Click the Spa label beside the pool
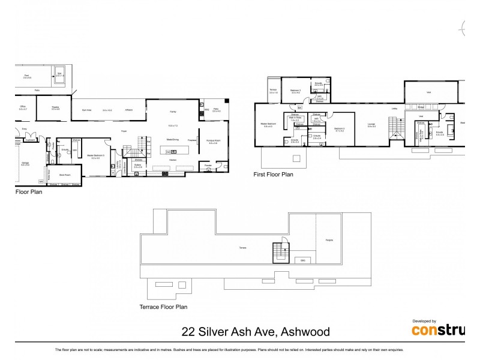[59, 74]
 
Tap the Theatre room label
[55, 108]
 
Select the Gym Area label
[86, 110]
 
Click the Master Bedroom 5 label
[94, 156]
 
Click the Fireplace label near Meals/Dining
[193, 139]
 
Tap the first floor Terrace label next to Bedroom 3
[274, 91]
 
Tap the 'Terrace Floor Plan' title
[164, 307]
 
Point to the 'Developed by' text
[424, 321]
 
